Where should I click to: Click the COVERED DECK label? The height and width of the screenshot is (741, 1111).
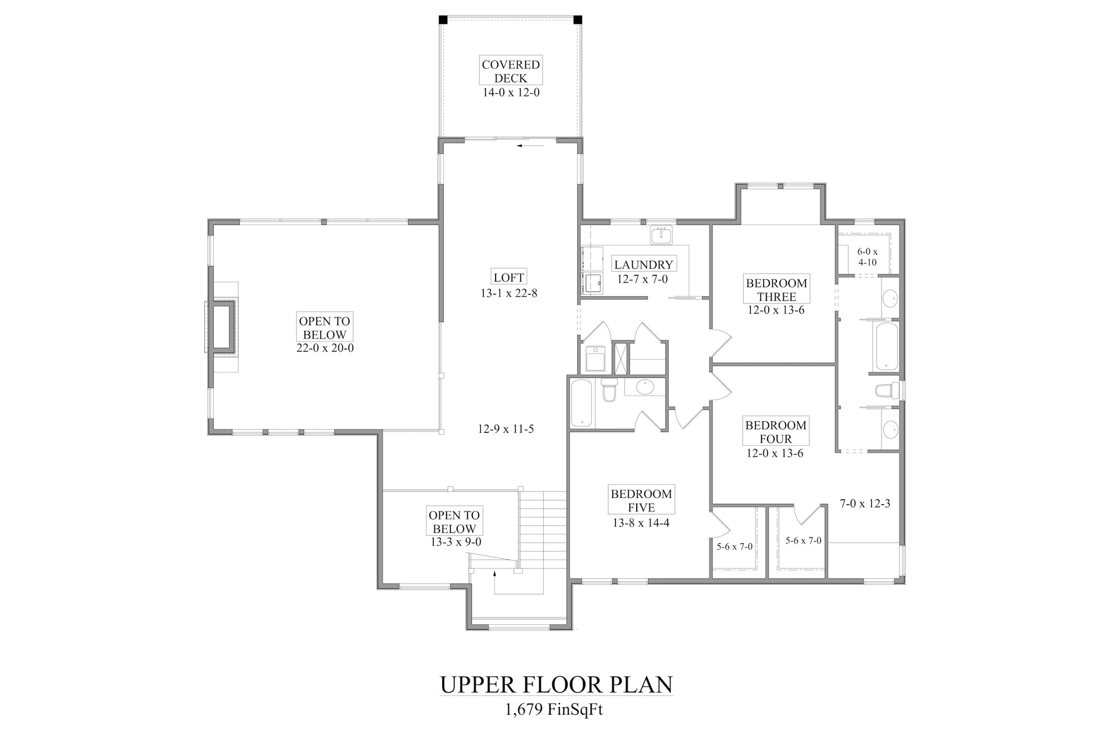click(x=511, y=71)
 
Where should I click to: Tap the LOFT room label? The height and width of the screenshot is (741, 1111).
click(x=509, y=277)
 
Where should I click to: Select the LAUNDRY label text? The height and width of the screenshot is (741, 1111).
click(x=643, y=265)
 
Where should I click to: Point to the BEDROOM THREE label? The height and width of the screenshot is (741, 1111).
click(x=777, y=290)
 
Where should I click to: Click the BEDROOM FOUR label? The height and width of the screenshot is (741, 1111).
click(x=776, y=432)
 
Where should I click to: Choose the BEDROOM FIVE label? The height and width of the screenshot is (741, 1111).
click(x=642, y=500)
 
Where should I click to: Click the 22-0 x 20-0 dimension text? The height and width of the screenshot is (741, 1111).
click(x=325, y=349)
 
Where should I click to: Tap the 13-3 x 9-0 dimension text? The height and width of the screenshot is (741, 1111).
click(x=456, y=542)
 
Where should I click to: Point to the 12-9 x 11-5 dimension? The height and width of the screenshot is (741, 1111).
click(x=506, y=429)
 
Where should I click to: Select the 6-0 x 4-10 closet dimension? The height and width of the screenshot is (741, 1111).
click(x=868, y=257)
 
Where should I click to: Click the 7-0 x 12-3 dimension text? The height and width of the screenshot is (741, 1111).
click(x=865, y=504)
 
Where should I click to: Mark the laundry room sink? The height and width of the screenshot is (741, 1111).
click(x=661, y=235)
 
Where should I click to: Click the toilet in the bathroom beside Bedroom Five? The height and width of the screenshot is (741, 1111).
click(x=610, y=390)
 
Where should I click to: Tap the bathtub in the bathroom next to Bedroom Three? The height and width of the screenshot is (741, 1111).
click(x=887, y=347)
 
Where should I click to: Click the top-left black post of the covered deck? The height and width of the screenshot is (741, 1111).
click(x=443, y=19)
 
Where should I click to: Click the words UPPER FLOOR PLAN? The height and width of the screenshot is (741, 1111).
click(x=556, y=685)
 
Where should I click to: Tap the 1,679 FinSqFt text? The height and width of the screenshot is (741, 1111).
click(x=554, y=710)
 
